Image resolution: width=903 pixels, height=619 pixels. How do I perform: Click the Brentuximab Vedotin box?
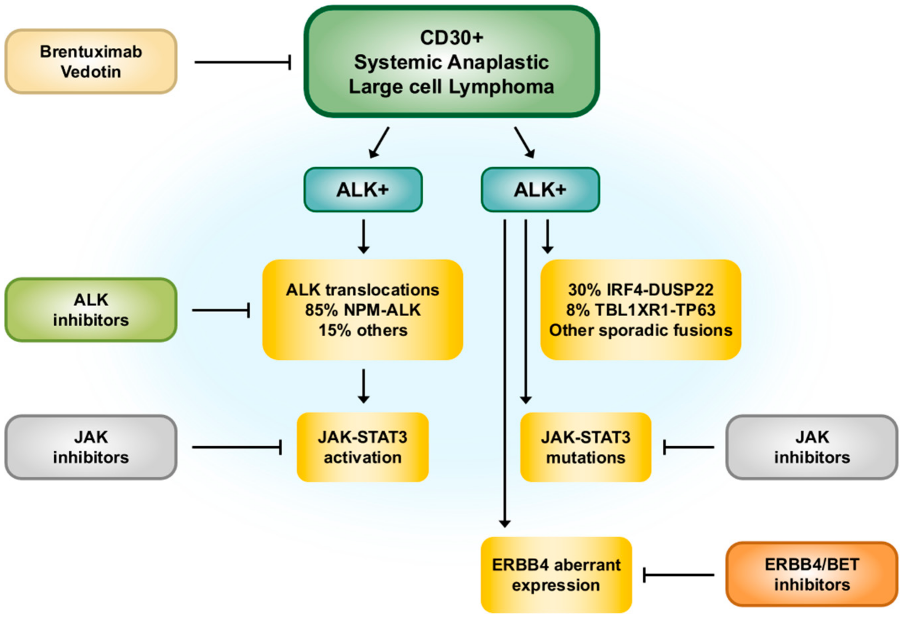pos(91,62)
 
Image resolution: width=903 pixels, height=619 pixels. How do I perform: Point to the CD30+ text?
pos(451,38)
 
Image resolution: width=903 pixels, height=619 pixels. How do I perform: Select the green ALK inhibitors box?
pos(91,310)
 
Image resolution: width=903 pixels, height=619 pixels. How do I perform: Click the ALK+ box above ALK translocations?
pos(363,190)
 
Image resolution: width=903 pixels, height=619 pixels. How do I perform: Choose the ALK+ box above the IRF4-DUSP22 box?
pos(540,190)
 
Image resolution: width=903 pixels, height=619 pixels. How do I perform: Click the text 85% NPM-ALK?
pos(363,310)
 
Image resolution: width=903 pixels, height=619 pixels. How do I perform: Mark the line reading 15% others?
pos(363,330)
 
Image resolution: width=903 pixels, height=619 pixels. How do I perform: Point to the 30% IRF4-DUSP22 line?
pos(641,290)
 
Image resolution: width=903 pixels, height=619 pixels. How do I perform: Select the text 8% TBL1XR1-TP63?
pos(641,310)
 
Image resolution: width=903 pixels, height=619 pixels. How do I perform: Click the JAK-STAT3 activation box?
pos(363,447)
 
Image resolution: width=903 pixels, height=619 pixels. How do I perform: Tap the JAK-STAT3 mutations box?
pos(585,447)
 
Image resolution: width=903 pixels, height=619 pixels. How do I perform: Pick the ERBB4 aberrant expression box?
pos(556,575)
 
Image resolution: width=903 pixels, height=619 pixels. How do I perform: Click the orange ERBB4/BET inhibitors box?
pos(812,574)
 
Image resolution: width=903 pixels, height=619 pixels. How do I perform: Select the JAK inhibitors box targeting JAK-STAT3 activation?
pos(91,447)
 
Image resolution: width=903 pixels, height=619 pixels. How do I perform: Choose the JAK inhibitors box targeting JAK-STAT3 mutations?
pos(812,447)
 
